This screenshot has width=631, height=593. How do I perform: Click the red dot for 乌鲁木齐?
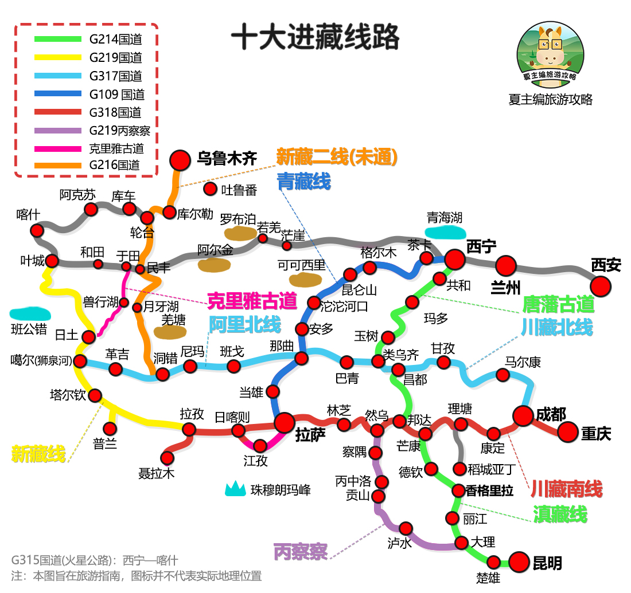(x=180, y=160)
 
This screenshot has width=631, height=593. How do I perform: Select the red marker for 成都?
(x=523, y=416)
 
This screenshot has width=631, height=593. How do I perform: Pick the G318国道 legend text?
(x=115, y=112)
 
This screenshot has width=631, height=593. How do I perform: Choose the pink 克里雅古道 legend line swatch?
(x=57, y=148)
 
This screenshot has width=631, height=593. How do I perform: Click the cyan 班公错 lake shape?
(x=30, y=314)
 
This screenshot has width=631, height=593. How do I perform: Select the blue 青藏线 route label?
(x=303, y=182)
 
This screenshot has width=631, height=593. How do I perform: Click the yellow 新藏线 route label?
(x=38, y=454)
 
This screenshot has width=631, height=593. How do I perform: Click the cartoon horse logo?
(x=550, y=52)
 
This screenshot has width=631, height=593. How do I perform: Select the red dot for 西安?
(x=601, y=286)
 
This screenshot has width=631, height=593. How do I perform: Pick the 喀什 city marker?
(x=37, y=230)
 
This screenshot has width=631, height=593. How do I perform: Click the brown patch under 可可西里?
(x=305, y=279)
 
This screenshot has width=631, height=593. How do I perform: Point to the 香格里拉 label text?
(x=489, y=490)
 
